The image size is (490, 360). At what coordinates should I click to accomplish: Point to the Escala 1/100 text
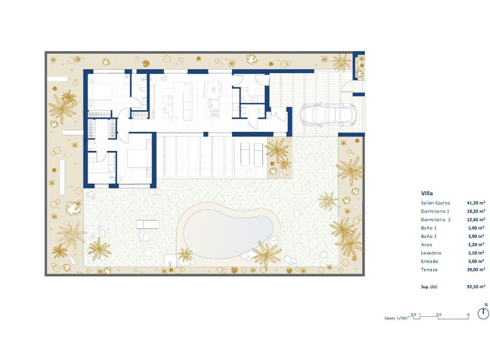(396, 317)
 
